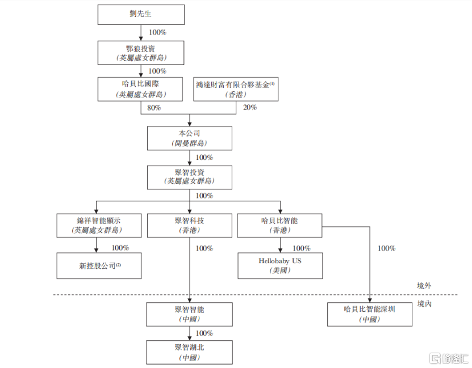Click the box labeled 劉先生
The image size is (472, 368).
(x=141, y=15)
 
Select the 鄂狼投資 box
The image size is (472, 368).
(x=141, y=52)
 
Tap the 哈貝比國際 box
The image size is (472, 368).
(x=141, y=89)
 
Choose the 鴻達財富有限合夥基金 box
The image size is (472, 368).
(x=236, y=89)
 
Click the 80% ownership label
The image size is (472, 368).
(x=154, y=108)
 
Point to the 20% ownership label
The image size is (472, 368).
(x=250, y=108)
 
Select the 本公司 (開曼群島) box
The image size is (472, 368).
(x=189, y=138)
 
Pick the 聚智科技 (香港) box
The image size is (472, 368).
(x=189, y=225)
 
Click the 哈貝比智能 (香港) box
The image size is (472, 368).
(x=279, y=225)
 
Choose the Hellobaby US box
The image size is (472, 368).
(x=280, y=265)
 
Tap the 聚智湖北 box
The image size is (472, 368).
(x=189, y=352)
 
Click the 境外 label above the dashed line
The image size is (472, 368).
(x=424, y=286)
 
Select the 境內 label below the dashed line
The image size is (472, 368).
(x=424, y=303)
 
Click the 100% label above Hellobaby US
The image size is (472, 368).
(x=301, y=248)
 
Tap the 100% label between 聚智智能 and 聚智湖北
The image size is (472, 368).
(x=204, y=333)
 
